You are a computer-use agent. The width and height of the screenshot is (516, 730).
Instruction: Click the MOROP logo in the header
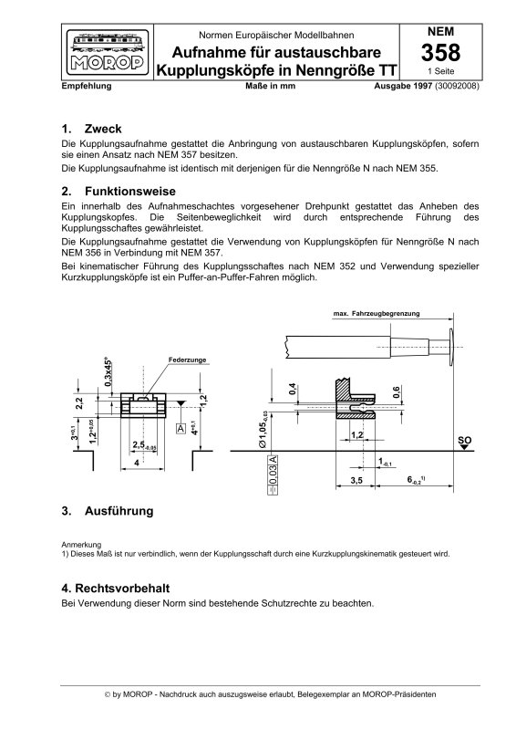point(107,52)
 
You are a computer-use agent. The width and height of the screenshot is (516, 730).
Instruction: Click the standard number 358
point(440,53)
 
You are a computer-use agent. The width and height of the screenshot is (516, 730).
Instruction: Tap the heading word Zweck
point(103,129)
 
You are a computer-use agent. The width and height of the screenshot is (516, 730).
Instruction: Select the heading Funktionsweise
point(130,192)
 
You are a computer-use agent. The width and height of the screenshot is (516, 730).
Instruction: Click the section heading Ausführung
point(119,511)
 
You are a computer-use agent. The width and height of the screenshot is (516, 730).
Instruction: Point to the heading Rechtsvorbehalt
point(122,588)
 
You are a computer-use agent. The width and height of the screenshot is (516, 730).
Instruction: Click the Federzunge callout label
point(187,360)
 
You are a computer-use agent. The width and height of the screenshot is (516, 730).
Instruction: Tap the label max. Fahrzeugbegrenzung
point(377,313)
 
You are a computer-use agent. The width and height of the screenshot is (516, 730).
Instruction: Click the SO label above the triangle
point(464,440)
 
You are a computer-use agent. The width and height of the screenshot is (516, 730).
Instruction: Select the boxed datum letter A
point(181,428)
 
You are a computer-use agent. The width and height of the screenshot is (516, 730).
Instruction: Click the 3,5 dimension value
point(356,481)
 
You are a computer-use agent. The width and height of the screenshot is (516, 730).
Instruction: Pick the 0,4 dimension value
point(293,390)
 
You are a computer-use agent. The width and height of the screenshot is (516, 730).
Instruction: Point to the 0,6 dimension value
point(397,392)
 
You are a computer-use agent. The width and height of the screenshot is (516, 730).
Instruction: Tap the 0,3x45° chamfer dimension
point(108,372)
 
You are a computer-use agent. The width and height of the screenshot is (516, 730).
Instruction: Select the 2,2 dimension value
point(79,402)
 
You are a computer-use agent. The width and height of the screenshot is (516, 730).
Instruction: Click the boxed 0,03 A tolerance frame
point(273,474)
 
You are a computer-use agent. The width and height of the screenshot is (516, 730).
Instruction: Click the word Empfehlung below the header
point(87,86)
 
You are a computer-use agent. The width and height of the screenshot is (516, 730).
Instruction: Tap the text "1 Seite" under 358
point(440,71)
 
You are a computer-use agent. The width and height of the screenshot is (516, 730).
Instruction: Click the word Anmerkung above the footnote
point(81,544)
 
